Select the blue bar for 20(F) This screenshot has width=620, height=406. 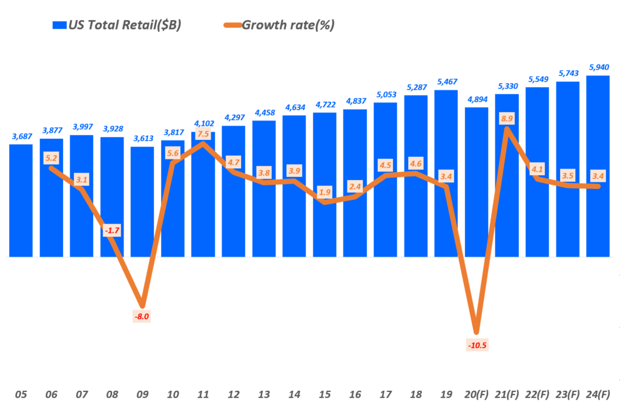(x=476, y=182)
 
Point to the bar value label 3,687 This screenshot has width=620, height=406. (x=21, y=136)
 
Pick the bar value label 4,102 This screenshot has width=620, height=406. (x=203, y=124)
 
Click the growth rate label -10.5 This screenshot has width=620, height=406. (x=477, y=345)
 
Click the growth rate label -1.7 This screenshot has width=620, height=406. (x=111, y=231)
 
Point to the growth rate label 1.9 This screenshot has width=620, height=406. (x=325, y=193)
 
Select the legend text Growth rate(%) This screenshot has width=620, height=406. (x=288, y=25)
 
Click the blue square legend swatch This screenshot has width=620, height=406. (x=59, y=25)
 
